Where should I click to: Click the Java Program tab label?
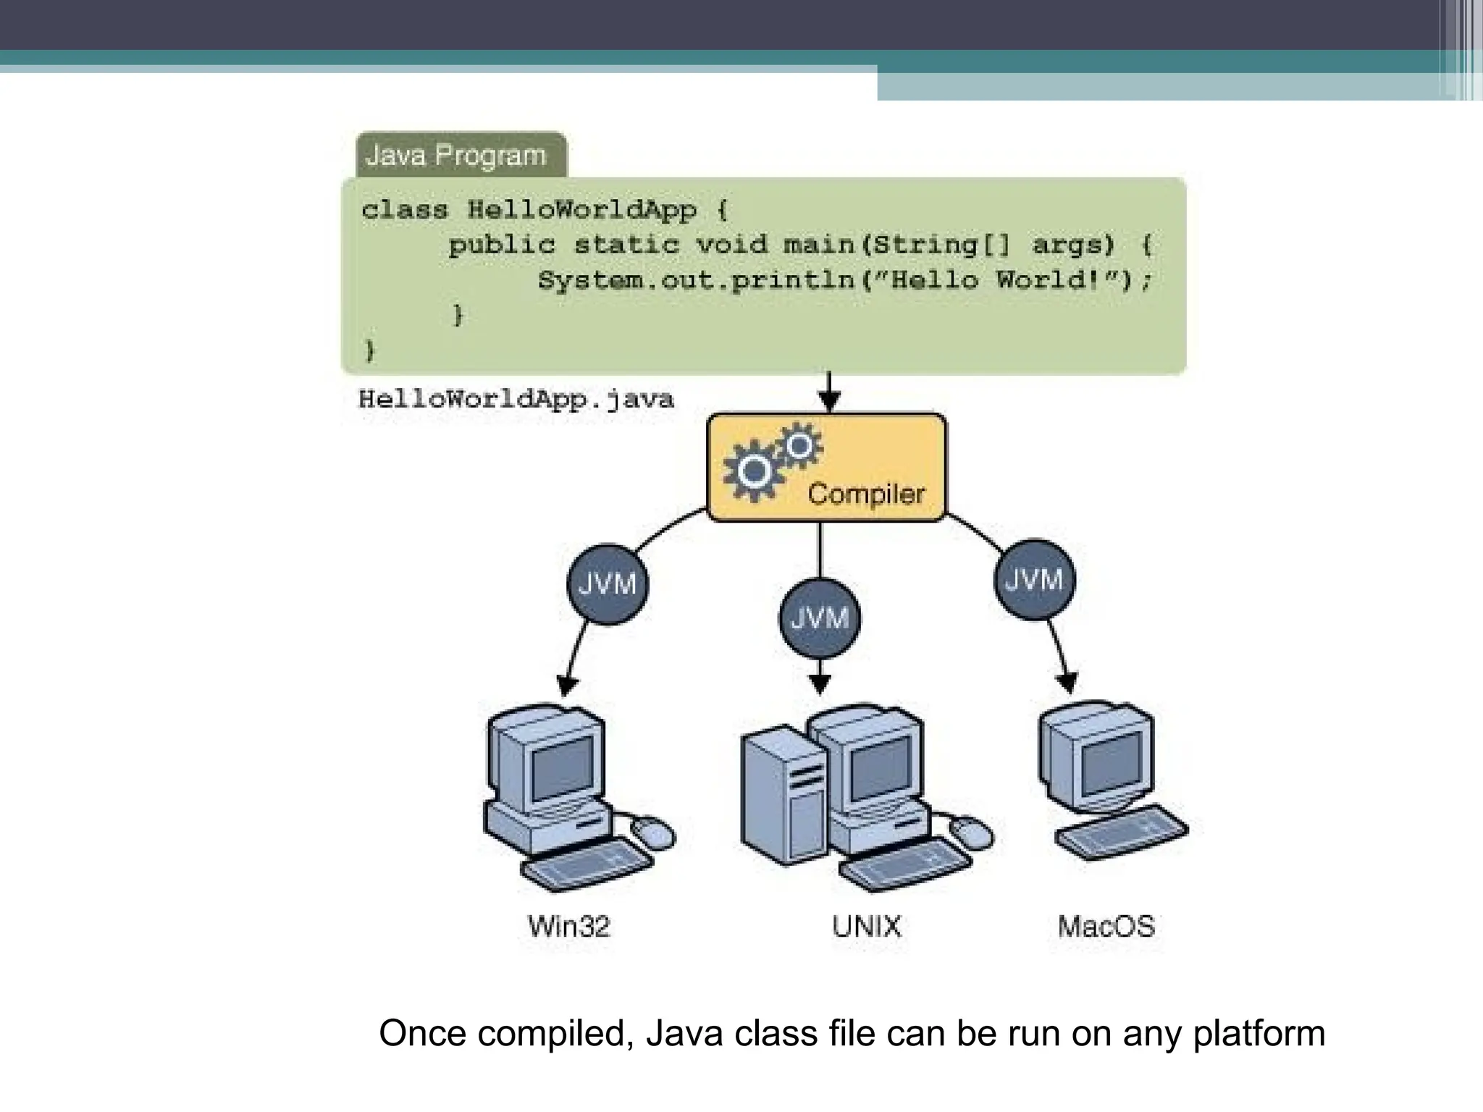click(x=455, y=156)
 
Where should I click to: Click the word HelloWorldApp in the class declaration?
click(x=581, y=210)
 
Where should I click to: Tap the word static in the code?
click(x=626, y=245)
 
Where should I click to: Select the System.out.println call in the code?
click(x=695, y=280)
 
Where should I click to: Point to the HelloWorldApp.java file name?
click(x=516, y=400)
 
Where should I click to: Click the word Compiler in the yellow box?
click(x=866, y=494)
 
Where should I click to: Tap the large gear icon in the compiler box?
click(x=754, y=471)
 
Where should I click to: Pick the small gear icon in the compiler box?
click(x=799, y=445)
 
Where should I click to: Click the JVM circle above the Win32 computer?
click(x=607, y=584)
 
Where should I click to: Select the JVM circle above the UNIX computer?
click(x=820, y=618)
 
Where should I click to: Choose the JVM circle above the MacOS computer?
click(x=1034, y=579)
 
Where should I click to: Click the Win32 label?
click(x=569, y=927)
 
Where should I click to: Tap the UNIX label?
click(x=866, y=927)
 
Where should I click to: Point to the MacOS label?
click(x=1106, y=927)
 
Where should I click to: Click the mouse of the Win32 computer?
click(x=653, y=833)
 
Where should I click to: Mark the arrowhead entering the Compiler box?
click(x=829, y=400)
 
